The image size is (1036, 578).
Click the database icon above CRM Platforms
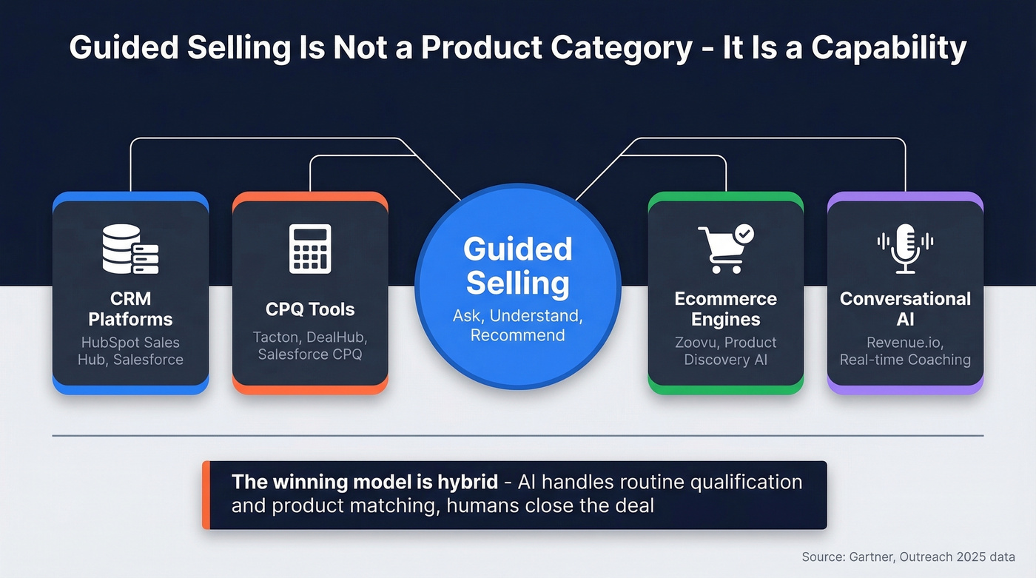130,250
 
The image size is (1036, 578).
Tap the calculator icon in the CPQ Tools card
310,249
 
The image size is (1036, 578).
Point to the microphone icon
905,248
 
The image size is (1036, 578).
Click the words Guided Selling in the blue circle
518,266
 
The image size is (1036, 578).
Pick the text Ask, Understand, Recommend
518,326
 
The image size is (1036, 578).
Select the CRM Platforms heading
130,309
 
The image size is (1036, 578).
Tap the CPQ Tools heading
310,309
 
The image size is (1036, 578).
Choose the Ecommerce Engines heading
725,309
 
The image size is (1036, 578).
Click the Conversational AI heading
905,309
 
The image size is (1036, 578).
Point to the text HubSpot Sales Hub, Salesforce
130,351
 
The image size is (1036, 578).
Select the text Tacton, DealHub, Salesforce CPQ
310,346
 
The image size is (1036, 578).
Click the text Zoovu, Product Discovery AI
725,351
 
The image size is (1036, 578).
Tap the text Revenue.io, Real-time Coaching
905,351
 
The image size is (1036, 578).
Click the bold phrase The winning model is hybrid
364,483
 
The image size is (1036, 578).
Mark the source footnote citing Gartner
908,557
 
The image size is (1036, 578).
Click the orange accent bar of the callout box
206,495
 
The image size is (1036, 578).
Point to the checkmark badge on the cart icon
744,235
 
